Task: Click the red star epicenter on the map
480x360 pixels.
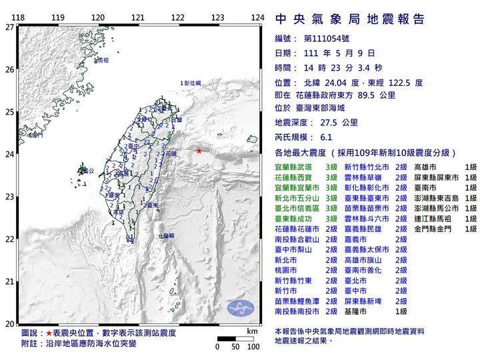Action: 199,151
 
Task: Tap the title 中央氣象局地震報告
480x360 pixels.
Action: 349,19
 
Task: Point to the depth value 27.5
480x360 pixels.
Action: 331,123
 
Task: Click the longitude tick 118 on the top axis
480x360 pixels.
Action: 19,17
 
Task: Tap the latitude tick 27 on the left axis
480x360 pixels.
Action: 9,27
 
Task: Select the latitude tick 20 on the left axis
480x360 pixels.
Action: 9,323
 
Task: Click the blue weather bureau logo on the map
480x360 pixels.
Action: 240,308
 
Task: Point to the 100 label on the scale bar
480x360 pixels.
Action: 253,347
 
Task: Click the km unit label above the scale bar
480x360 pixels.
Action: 251,331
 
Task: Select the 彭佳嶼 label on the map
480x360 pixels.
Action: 192,82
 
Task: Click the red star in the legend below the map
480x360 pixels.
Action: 48,332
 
